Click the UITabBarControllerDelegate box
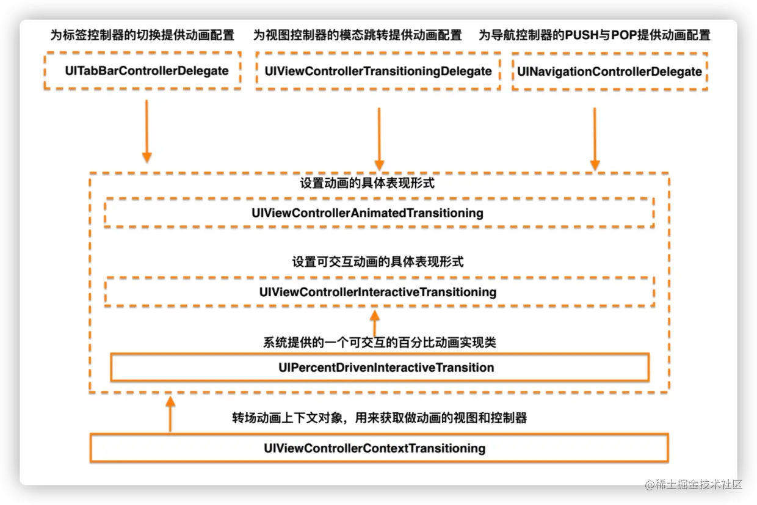pos(143,71)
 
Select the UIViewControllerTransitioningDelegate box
pos(378,71)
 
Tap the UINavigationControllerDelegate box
pos(609,71)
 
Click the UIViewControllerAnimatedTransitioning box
pos(378,213)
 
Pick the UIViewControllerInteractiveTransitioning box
pos(378,292)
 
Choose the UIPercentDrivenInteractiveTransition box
pos(378,368)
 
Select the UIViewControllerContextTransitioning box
pos(378,448)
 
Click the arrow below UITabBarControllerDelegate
pos(147,131)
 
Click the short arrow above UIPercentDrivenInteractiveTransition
pos(375,323)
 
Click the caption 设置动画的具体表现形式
pos(367,183)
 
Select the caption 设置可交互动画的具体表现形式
pos(377,262)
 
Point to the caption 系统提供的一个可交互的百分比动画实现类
pos(379,343)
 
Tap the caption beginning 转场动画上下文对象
pos(379,418)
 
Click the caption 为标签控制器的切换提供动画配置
pos(142,35)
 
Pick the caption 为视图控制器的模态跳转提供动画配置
pos(358,35)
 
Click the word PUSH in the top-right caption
pos(582,35)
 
